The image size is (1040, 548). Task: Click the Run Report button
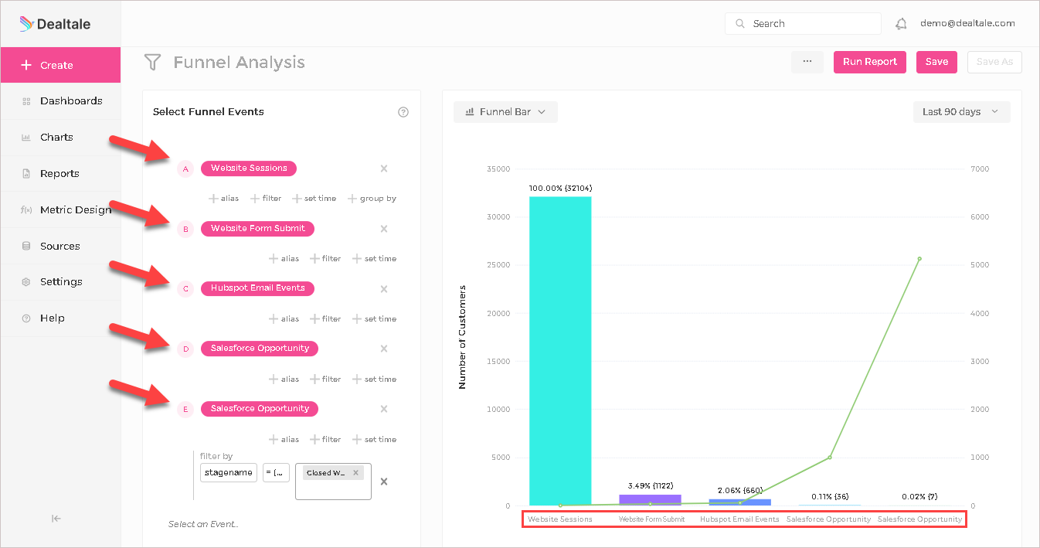click(x=869, y=62)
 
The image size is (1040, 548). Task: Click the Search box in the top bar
click(x=803, y=24)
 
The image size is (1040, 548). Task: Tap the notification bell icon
click(x=901, y=24)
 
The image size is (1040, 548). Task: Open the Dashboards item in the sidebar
click(x=70, y=101)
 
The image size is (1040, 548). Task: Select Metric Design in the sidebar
click(x=75, y=209)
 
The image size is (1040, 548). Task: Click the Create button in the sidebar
click(x=60, y=65)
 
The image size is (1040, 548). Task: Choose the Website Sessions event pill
click(x=248, y=168)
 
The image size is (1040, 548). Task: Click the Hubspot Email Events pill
click(x=257, y=288)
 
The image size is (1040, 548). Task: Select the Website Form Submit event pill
click(x=257, y=229)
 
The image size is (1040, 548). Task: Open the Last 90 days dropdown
click(x=961, y=112)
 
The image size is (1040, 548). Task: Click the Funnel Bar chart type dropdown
click(x=505, y=112)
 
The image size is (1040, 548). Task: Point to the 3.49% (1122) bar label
click(x=650, y=486)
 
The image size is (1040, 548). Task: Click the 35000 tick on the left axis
click(x=497, y=169)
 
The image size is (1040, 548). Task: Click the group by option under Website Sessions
click(x=372, y=199)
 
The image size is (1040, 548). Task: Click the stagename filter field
click(x=228, y=472)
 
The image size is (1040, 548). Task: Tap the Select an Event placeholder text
click(x=203, y=524)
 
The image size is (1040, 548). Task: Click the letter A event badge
click(x=185, y=168)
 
